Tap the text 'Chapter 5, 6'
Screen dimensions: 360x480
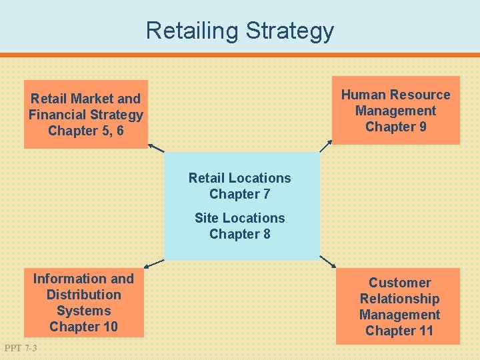(x=86, y=131)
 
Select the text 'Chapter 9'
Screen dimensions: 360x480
(x=396, y=127)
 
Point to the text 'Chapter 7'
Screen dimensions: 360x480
(x=240, y=194)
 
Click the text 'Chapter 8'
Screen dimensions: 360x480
(x=240, y=234)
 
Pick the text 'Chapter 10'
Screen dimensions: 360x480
(x=83, y=327)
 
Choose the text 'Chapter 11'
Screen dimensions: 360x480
(x=399, y=331)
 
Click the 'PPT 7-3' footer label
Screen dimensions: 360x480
(x=21, y=348)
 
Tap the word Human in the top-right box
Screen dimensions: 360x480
(x=362, y=95)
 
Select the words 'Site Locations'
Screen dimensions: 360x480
(x=239, y=218)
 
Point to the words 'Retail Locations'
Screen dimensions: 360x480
(x=239, y=178)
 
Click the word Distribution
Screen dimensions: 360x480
(x=83, y=295)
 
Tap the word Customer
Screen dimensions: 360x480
(x=399, y=283)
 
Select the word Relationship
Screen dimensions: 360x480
(x=399, y=299)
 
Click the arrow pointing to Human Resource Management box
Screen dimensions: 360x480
(x=326, y=146)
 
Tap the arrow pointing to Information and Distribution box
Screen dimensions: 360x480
(x=155, y=263)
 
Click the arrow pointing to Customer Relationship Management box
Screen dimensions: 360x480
(x=327, y=261)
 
